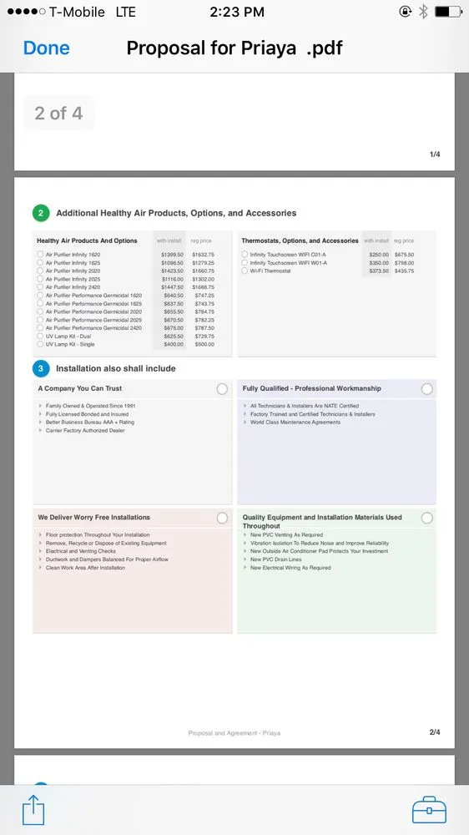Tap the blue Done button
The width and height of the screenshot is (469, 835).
(47, 48)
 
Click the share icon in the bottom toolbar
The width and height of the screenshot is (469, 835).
(33, 809)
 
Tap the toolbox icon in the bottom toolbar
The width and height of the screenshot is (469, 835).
(429, 809)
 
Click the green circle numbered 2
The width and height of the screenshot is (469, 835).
(41, 213)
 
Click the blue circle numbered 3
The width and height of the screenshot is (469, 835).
(41, 368)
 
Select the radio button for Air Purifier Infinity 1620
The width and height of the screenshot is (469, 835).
(40, 255)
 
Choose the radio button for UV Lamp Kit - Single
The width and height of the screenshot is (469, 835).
(40, 344)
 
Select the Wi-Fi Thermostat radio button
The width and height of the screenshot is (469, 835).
(245, 271)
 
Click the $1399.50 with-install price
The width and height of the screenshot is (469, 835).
(172, 255)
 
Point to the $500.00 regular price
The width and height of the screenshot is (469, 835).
(203, 344)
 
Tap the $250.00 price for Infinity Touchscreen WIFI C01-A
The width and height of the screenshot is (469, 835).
(379, 255)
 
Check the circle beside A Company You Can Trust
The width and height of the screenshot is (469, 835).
(222, 389)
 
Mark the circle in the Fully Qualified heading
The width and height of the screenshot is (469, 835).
(427, 389)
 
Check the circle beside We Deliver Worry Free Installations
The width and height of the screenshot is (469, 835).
(222, 519)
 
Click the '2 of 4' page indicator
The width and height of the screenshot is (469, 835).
(58, 114)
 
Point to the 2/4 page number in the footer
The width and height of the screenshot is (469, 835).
(434, 732)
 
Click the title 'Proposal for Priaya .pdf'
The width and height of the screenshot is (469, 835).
(234, 48)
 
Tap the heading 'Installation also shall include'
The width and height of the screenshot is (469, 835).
(115, 368)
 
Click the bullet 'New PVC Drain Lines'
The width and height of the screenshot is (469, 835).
(276, 559)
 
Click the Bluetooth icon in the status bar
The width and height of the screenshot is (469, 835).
(423, 12)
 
